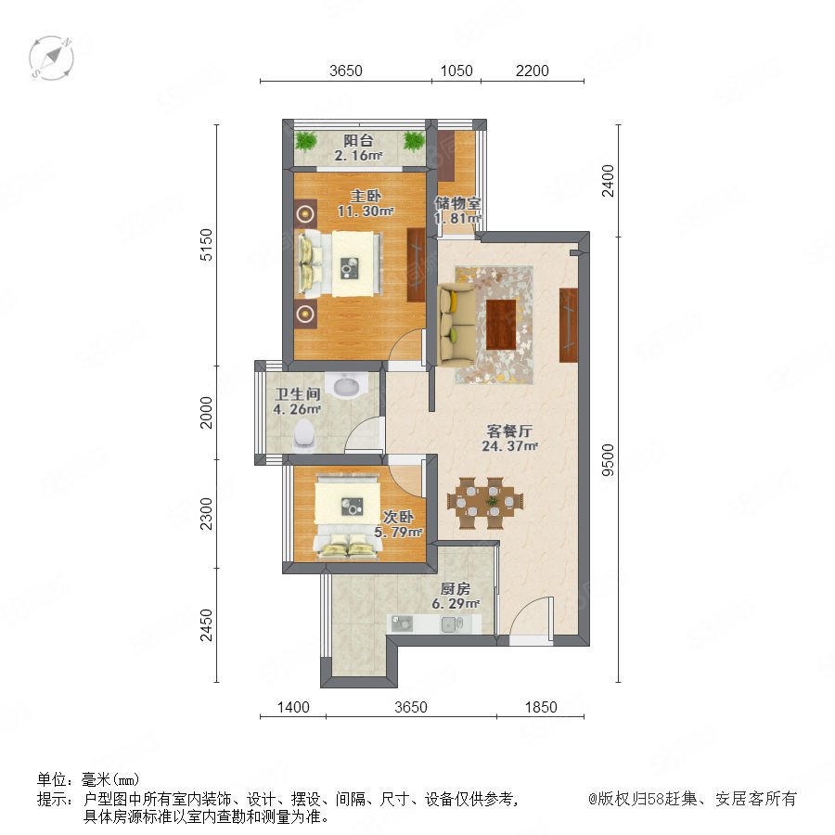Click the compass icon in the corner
(51, 58)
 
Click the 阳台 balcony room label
(358, 141)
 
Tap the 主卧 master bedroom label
(366, 196)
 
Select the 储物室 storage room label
(458, 203)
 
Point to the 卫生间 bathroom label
(297, 394)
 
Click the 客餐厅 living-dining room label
(509, 431)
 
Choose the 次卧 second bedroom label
(398, 517)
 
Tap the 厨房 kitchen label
(456, 589)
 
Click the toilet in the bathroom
(304, 434)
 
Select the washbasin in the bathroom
(347, 384)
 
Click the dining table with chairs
(485, 503)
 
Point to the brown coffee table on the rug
(501, 325)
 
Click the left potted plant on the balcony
(306, 141)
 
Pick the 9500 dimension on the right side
(607, 459)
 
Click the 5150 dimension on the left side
(206, 244)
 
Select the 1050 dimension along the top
(456, 71)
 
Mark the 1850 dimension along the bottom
(541, 707)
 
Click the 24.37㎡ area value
(509, 446)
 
